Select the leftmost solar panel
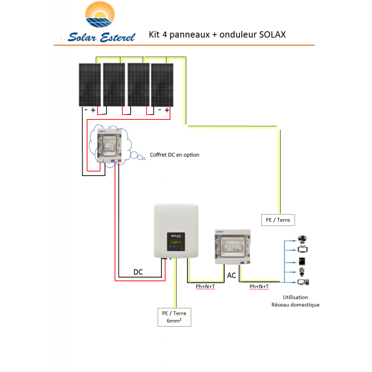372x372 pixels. coord(89,85)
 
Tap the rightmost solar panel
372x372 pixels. coord(162,85)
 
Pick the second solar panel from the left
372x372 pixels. coord(114,85)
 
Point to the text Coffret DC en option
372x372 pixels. coord(174,155)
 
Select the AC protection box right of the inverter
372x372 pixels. coord(232,246)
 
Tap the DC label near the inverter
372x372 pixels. coord(138,272)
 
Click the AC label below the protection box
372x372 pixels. coord(231,276)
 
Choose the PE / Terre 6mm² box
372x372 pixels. coord(174,317)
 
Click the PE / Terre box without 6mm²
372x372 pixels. coord(278,219)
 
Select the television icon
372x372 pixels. coord(301,250)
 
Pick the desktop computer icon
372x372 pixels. coord(303,282)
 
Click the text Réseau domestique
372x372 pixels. coord(295,305)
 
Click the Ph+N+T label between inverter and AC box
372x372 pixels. coord(205,286)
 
